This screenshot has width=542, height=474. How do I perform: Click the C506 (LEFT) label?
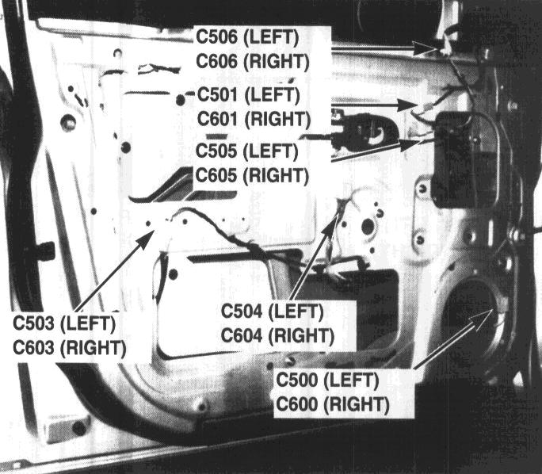coord(247,37)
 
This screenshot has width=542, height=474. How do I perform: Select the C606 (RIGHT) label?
coord(253,62)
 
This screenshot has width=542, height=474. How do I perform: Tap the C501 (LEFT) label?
coord(249,95)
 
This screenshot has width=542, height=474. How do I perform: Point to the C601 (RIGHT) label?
coord(254,119)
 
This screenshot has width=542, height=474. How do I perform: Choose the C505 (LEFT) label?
coord(246,151)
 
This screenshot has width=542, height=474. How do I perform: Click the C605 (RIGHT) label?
coord(252,176)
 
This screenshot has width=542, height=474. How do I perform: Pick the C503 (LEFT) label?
coord(64,323)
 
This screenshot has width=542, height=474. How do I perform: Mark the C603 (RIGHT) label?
coord(70,348)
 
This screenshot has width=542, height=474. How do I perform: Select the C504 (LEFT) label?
coord(272,312)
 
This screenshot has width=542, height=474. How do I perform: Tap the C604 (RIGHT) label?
coord(277,336)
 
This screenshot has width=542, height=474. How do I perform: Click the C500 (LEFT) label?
coord(327,380)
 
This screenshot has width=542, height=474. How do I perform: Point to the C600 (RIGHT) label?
coord(333,404)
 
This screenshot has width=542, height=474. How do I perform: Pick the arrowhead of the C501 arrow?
coord(408,105)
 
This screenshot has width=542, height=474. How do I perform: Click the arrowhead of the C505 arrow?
coord(411,144)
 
